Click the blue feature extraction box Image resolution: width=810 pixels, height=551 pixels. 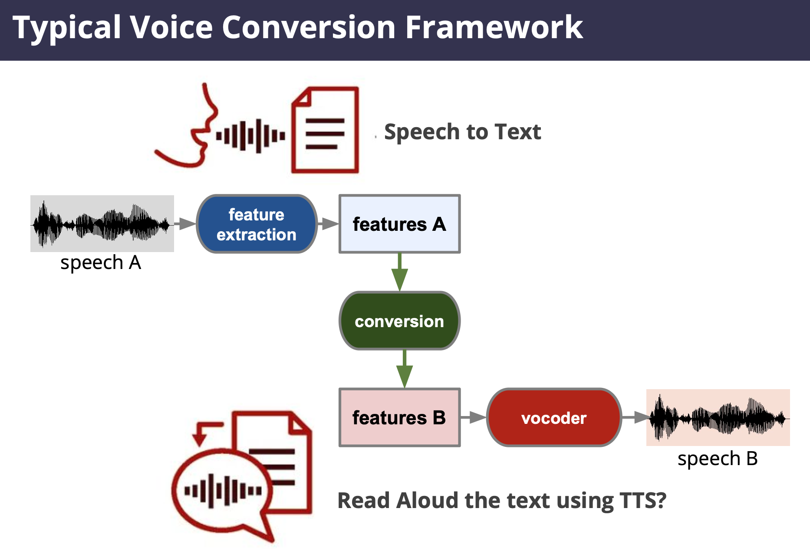[257, 224]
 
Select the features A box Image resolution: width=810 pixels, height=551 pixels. [399, 224]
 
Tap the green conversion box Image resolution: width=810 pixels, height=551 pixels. [399, 321]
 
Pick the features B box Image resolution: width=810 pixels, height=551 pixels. [399, 417]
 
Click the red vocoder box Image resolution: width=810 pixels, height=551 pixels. [554, 417]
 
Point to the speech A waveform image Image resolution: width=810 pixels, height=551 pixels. [102, 223]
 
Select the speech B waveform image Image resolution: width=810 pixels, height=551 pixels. [718, 417]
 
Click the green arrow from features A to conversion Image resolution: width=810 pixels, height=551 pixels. [399, 272]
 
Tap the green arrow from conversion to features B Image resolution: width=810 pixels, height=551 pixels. [405, 369]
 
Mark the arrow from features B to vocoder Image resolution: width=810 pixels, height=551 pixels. [474, 417]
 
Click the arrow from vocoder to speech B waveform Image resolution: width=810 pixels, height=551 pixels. [635, 417]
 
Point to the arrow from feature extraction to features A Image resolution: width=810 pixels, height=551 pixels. [328, 224]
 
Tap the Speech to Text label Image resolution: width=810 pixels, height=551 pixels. [462, 132]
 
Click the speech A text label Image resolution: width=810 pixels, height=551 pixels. [101, 263]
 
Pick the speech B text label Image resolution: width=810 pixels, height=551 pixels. [718, 459]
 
